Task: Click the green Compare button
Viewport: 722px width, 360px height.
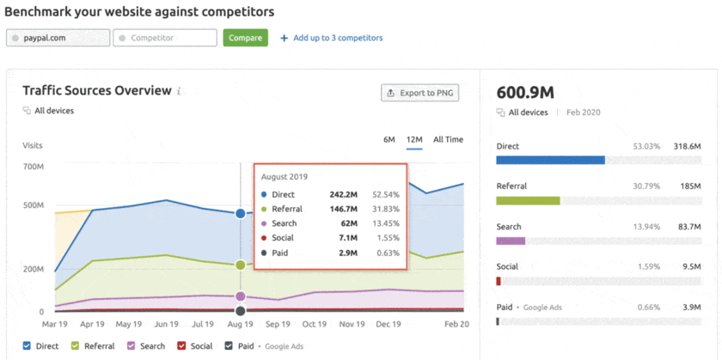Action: coord(245,38)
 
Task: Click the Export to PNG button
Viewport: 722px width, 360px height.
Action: coord(419,93)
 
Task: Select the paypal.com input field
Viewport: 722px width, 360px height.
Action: coord(58,38)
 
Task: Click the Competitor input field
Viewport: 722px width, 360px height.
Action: coord(165,38)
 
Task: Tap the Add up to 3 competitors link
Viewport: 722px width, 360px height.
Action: coord(332,38)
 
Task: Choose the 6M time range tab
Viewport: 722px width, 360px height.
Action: coord(389,139)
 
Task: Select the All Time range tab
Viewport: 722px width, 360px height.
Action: coord(448,139)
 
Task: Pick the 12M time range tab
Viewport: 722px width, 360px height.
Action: coord(414,139)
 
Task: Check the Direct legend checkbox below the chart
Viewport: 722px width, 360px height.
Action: coord(28,346)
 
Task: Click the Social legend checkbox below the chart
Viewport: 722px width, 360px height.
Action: coord(181,346)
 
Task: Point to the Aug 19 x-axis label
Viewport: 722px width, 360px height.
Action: coord(241,325)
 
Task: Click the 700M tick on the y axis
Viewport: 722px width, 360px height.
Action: coord(34,166)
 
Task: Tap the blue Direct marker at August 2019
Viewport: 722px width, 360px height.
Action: coord(241,213)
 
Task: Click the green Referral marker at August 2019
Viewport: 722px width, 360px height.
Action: coord(241,265)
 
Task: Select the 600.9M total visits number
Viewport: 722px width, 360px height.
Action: coord(526,91)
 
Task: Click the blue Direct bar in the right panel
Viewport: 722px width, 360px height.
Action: coord(550,160)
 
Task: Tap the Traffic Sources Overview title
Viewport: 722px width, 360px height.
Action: coord(96,90)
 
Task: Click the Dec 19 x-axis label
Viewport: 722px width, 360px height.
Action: coord(389,325)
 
